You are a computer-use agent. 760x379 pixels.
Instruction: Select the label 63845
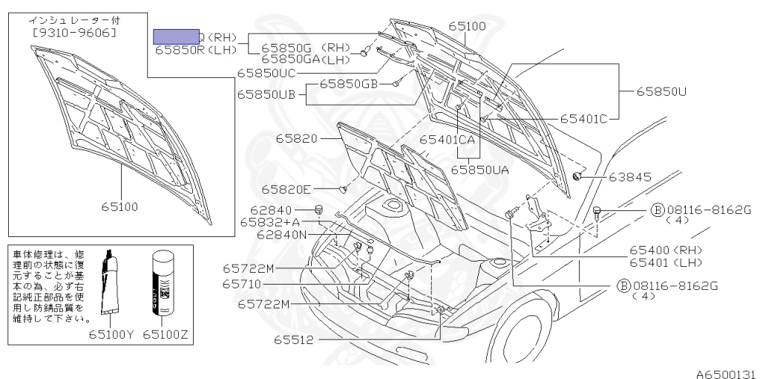(x=629, y=177)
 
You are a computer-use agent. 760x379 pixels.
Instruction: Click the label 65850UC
(x=266, y=73)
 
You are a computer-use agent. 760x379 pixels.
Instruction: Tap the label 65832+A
(x=270, y=221)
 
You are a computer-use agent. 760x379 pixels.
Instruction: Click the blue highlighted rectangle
(x=176, y=36)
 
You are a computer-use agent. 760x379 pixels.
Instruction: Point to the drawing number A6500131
(x=725, y=372)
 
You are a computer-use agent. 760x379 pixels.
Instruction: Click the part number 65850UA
(x=479, y=169)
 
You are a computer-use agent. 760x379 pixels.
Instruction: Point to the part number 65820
(x=297, y=138)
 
